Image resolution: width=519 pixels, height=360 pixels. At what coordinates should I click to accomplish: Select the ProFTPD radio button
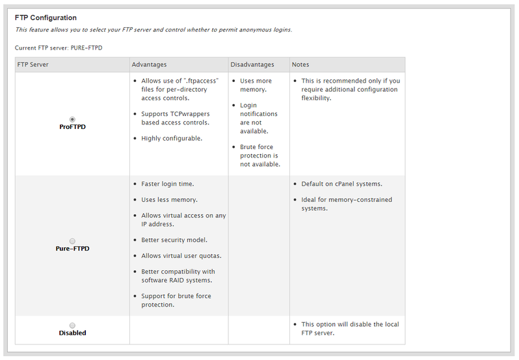(72, 119)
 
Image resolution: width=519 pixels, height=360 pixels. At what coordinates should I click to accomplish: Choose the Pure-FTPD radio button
(72, 241)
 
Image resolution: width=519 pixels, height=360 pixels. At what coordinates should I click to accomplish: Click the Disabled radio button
(72, 325)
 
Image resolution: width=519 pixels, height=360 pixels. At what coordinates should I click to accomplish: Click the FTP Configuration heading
(46, 18)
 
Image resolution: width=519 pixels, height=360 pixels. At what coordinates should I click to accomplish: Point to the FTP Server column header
(33, 64)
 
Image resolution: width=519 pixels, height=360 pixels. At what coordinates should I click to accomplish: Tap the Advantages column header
(149, 64)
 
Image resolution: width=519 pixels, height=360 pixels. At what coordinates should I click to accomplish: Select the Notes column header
(300, 64)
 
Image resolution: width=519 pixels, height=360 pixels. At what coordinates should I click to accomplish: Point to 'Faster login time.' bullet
(167, 184)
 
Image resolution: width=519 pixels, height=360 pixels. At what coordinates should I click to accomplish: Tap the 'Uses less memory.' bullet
(169, 199)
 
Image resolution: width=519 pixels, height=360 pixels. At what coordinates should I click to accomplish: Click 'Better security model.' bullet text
(174, 240)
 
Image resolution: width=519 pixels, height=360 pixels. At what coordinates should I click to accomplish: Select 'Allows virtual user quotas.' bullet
(181, 255)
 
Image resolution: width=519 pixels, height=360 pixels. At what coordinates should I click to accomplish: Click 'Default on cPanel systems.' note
(341, 184)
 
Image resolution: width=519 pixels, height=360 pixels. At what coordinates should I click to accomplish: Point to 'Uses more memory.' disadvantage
(256, 85)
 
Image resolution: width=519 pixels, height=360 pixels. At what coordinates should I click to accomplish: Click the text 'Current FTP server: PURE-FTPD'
(59, 48)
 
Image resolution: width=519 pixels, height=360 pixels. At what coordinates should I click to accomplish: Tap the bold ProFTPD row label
(72, 127)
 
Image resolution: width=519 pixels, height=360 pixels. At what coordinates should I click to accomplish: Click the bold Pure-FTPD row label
(72, 249)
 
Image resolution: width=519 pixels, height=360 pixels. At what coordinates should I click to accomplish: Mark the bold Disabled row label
(72, 333)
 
